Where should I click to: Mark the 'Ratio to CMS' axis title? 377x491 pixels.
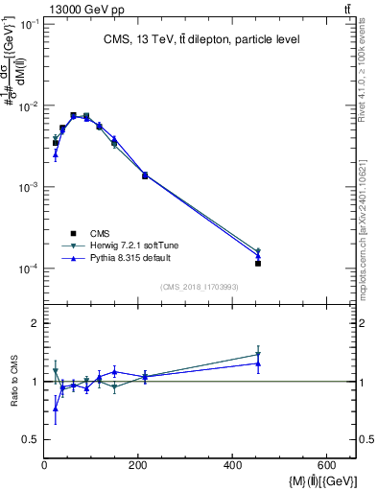13,382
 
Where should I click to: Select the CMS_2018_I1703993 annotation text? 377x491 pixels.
199,286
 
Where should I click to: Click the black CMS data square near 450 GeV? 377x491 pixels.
258,263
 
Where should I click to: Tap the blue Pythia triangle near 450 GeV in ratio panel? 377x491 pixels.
258,363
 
